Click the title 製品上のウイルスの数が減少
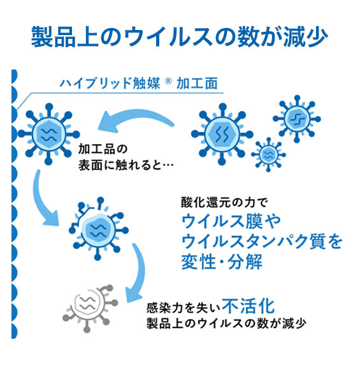(x=180, y=37)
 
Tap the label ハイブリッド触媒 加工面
(x=139, y=83)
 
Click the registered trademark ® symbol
(x=168, y=81)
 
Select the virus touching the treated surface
(x=48, y=134)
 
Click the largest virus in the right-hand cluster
(x=222, y=134)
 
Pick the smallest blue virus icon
(x=268, y=154)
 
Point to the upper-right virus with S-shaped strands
(x=297, y=119)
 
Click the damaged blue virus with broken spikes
(x=99, y=228)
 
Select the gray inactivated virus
(x=90, y=308)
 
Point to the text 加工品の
(x=103, y=149)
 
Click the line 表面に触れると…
(x=126, y=165)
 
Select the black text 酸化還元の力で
(x=225, y=202)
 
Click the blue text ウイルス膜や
(x=231, y=221)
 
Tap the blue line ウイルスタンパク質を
(x=262, y=241)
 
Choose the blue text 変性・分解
(x=222, y=262)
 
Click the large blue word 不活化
(x=248, y=306)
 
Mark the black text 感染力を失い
(x=184, y=308)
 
